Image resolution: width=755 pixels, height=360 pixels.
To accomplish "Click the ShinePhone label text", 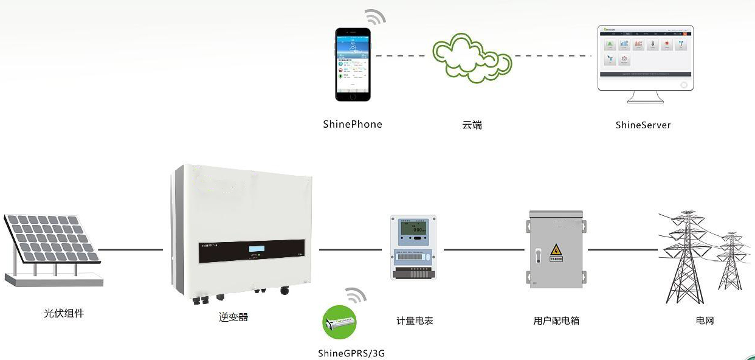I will [x=353, y=124].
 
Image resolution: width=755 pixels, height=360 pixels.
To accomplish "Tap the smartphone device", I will [x=353, y=64].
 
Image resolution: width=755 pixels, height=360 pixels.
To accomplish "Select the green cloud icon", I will [x=471, y=57].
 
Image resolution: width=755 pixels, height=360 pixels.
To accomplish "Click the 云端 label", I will [x=472, y=125].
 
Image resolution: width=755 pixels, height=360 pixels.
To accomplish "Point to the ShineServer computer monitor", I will [x=645, y=58].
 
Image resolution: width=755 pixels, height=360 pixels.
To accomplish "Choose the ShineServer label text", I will [x=643, y=125].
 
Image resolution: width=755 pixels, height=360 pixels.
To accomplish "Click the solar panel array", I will [x=52, y=240].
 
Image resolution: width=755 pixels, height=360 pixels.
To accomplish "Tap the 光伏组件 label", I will [x=64, y=314].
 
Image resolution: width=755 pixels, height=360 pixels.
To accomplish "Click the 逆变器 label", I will [x=234, y=317].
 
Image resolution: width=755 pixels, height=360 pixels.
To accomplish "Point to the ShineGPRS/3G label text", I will [x=351, y=353].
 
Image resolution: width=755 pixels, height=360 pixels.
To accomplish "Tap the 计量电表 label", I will [x=415, y=320].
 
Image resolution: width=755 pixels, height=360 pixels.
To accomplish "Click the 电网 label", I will [x=705, y=320].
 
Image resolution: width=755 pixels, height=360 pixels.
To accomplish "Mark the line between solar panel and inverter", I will [x=131, y=249].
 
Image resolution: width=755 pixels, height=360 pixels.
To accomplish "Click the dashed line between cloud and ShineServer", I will [x=553, y=56].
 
